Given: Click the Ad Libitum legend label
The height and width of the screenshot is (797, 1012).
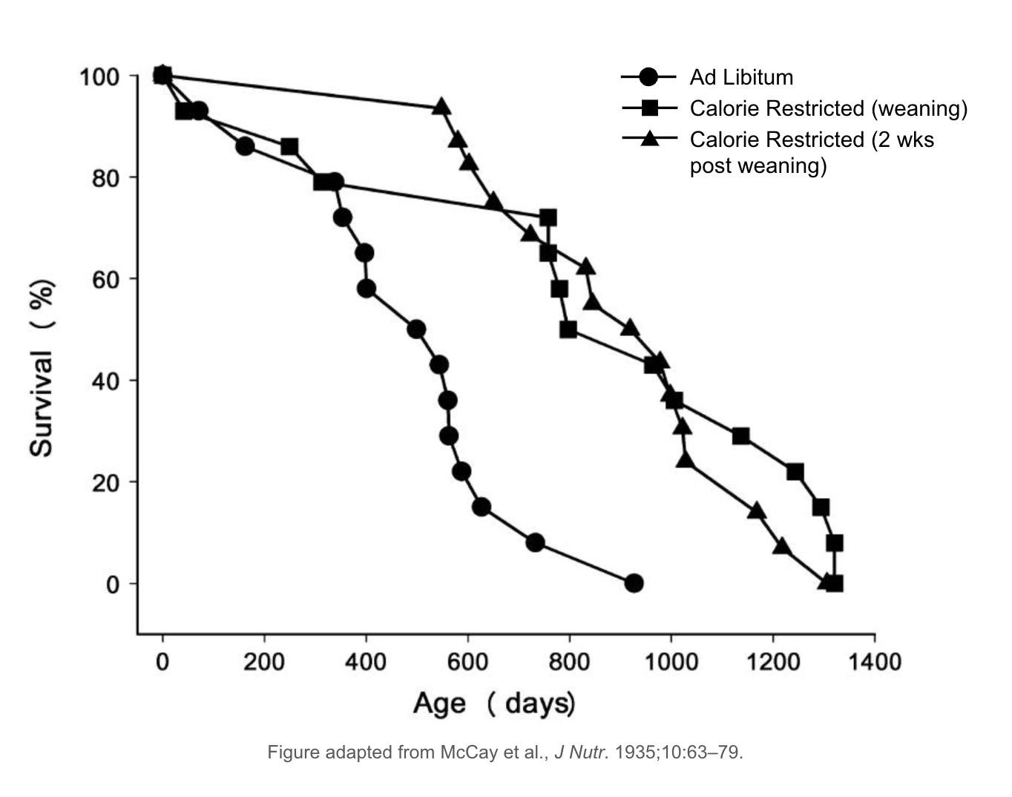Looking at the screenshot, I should pyautogui.click(x=740, y=77).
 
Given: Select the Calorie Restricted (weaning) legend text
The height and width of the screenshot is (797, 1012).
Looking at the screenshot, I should pyautogui.click(x=828, y=108).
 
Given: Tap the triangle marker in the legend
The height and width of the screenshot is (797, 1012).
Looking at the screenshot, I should pyautogui.click(x=649, y=139).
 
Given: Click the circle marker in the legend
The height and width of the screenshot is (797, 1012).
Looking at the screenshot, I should pyautogui.click(x=648, y=77).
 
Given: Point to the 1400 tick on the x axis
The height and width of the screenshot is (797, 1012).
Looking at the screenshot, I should pyautogui.click(x=874, y=660).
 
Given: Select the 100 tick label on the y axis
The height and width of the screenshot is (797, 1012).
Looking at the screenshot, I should pyautogui.click(x=99, y=76).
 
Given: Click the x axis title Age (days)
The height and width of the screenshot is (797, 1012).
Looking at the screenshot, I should pyautogui.click(x=493, y=703).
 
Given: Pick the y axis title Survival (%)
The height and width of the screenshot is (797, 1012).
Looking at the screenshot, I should pyautogui.click(x=42, y=368).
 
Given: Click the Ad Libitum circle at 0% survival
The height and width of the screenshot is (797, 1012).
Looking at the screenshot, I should pyautogui.click(x=633, y=583).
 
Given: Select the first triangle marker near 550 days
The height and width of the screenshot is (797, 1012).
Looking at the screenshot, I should pyautogui.click(x=441, y=107).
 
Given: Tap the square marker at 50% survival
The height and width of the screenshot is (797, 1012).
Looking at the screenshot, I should pyautogui.click(x=568, y=329).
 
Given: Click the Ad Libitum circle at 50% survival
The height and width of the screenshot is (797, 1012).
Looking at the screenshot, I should pyautogui.click(x=416, y=329).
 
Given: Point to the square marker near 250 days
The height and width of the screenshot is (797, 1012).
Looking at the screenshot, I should pyautogui.click(x=289, y=147).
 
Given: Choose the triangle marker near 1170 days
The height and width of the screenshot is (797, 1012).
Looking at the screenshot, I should pyautogui.click(x=757, y=511).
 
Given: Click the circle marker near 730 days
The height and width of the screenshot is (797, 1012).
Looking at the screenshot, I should pyautogui.click(x=535, y=543).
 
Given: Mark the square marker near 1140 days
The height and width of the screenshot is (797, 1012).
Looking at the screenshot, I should pyautogui.click(x=740, y=436).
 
